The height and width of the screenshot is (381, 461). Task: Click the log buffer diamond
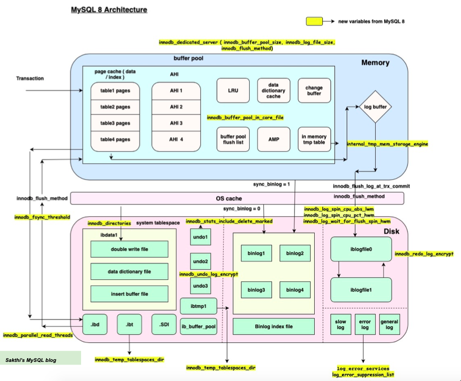tap(375, 107)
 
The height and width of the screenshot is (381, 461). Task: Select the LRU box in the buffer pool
tap(233, 91)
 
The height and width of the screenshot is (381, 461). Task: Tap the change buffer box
tap(314, 91)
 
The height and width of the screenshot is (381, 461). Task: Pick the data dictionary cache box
tap(273, 91)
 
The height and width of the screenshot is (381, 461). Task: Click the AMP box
tap(273, 140)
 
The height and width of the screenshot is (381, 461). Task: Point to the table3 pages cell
tap(115, 123)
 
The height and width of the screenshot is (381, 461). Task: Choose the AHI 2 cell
tap(176, 107)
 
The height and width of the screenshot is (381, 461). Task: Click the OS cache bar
tap(237, 198)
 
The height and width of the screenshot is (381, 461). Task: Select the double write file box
tap(129, 249)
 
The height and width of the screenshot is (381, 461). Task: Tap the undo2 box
tap(201, 261)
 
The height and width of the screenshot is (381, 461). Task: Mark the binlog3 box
tap(256, 290)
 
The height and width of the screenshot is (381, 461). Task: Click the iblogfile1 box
tap(361, 290)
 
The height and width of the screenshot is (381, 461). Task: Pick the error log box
tap(364, 324)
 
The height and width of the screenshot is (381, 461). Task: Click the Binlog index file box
tap(273, 326)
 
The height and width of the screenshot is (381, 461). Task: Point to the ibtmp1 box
tap(199, 306)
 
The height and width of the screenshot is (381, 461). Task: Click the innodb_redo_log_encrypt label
tap(424, 254)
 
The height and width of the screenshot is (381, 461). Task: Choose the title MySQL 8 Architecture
tap(109, 10)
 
